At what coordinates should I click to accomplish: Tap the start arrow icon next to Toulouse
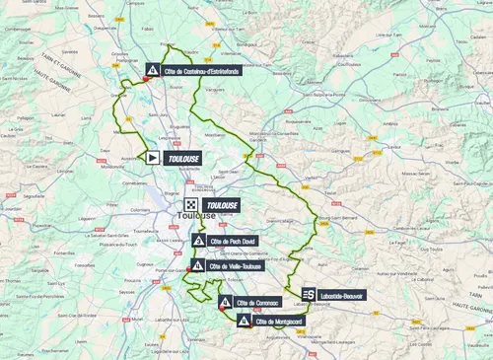(153, 156)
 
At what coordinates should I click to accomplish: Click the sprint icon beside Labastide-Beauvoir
(309, 294)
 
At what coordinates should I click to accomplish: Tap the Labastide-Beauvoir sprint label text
(342, 294)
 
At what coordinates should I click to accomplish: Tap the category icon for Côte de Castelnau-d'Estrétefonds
(153, 70)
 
